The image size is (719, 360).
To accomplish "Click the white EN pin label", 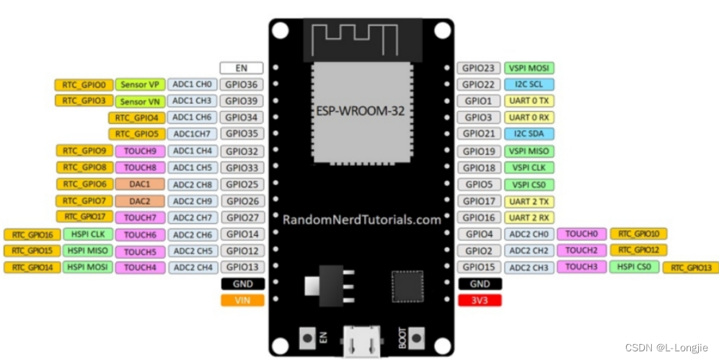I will pos(242,68).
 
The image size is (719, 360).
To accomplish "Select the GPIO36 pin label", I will pos(242,84).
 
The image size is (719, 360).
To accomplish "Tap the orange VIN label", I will pos(242,300).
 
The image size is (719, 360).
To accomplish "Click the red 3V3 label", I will pos(479,300).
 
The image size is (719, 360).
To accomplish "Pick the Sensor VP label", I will pos(139,84).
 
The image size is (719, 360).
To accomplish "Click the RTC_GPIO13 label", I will pos(690,268).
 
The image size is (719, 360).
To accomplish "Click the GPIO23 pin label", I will pos(478,68).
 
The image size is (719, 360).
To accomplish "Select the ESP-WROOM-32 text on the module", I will pos(361,111).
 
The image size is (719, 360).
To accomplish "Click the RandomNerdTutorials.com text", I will pos(361,219).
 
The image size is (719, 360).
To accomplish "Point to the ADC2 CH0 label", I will pos(529,234).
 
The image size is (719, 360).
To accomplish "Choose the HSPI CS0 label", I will pos(634,267).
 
